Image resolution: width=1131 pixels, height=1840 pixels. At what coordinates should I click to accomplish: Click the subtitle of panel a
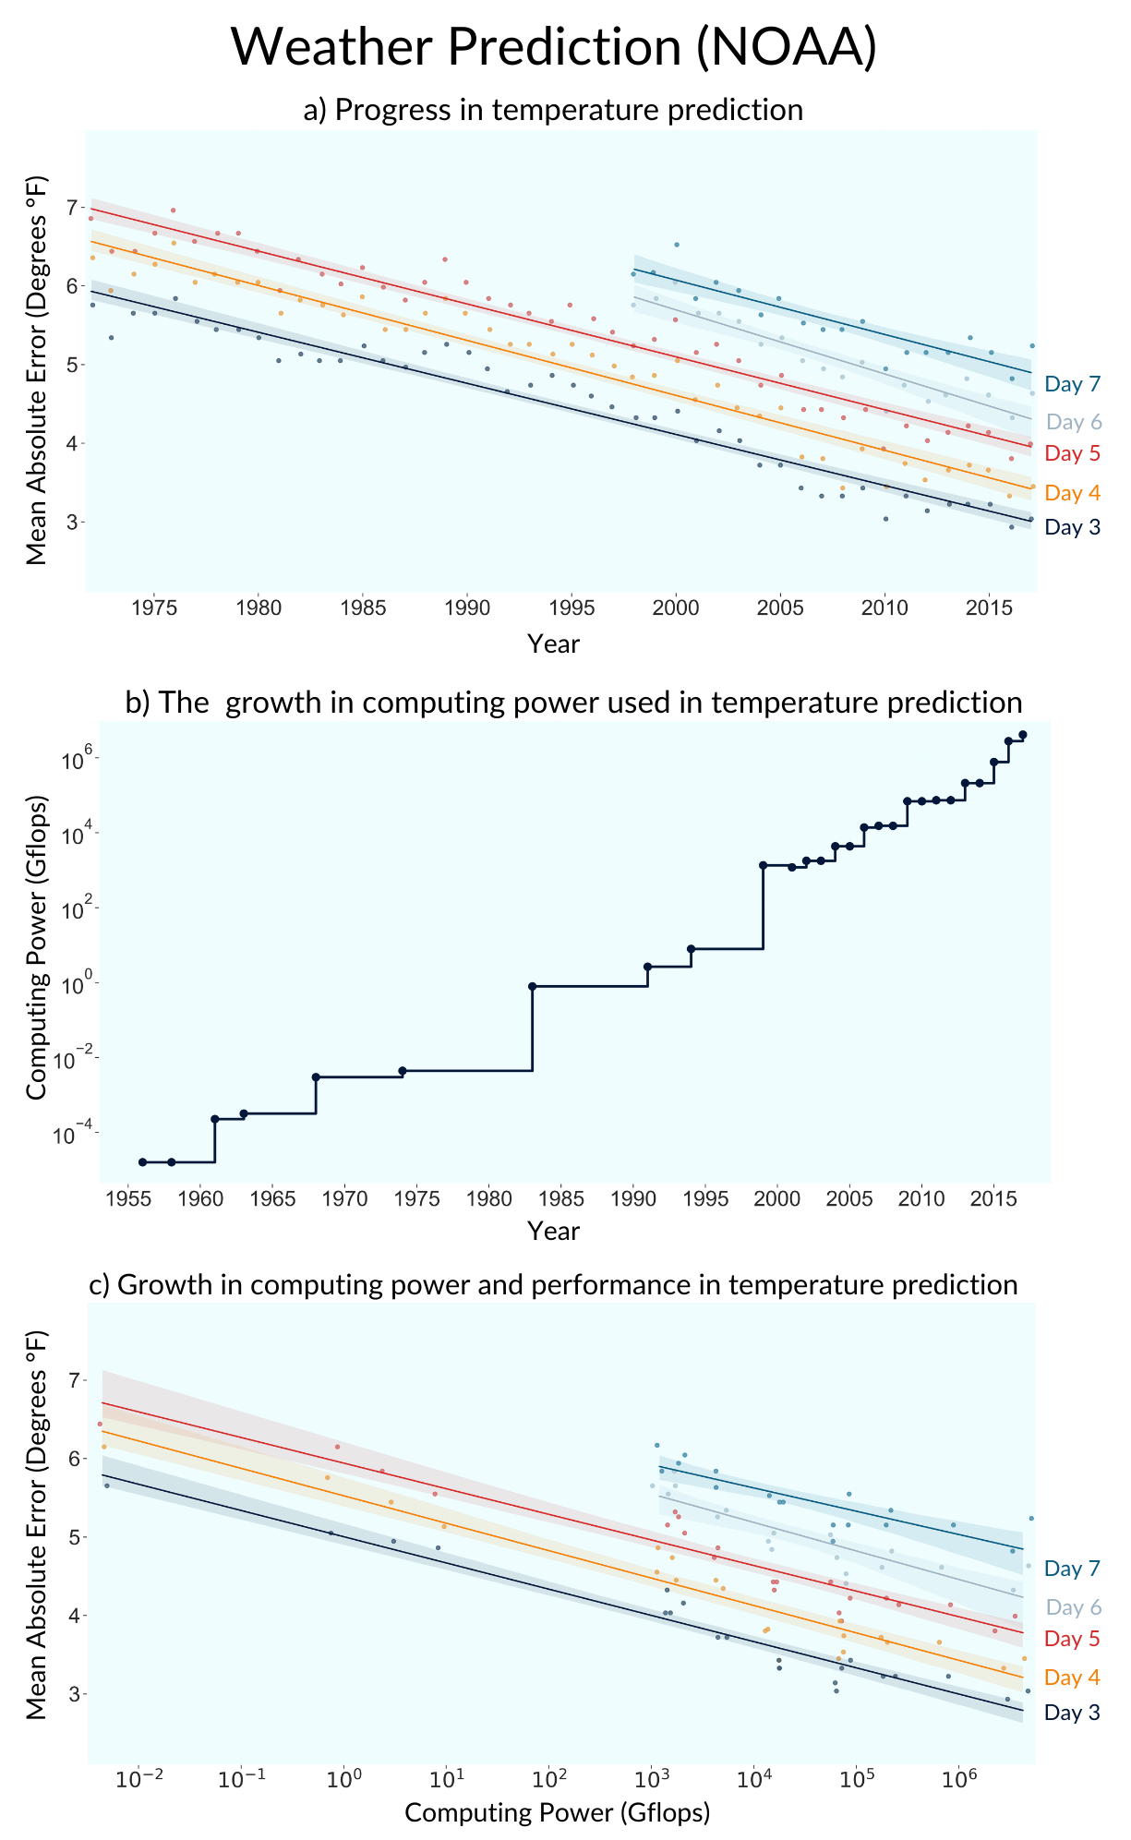553,110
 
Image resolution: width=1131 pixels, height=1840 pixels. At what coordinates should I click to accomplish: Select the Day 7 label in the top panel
1073,384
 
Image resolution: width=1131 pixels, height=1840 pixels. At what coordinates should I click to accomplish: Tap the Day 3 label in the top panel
1073,527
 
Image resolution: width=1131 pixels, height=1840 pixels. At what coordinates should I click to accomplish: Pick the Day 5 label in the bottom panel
1073,1639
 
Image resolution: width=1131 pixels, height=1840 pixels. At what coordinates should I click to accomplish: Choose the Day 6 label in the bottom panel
1073,1607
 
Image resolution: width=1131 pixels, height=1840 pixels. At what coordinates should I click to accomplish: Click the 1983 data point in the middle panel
532,986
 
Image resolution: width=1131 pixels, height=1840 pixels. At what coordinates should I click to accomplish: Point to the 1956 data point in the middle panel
142,1161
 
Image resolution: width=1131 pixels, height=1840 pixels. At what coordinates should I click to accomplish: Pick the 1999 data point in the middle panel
763,865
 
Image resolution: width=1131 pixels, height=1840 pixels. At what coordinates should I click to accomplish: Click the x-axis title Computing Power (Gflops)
557,1812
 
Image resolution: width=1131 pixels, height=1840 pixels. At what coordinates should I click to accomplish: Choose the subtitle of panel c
553,1284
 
